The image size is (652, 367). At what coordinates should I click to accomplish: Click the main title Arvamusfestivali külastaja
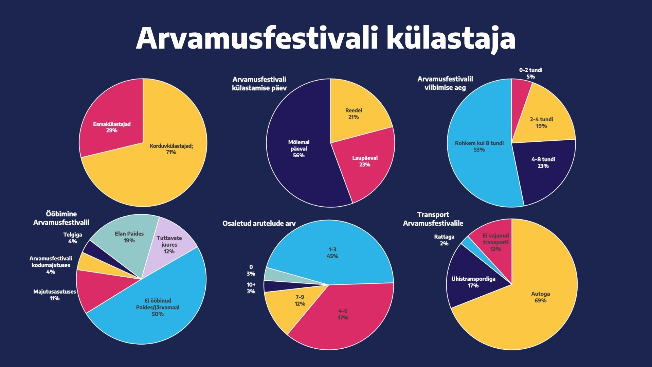[x=326, y=38]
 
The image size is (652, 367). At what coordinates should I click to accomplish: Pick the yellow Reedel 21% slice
[x=357, y=109]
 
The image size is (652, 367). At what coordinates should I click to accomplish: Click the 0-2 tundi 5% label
[x=530, y=73]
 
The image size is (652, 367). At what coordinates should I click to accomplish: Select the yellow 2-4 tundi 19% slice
[x=543, y=119]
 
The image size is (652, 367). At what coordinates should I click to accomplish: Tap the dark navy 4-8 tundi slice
[x=543, y=167]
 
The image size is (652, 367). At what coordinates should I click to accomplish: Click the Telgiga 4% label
[x=73, y=238]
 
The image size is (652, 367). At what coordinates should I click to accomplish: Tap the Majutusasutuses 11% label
[x=54, y=295]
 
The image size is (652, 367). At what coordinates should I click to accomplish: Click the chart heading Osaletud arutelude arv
[x=259, y=224]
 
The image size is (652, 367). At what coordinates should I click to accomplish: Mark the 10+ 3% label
[x=251, y=288]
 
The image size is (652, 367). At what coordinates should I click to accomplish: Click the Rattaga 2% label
[x=444, y=240]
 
